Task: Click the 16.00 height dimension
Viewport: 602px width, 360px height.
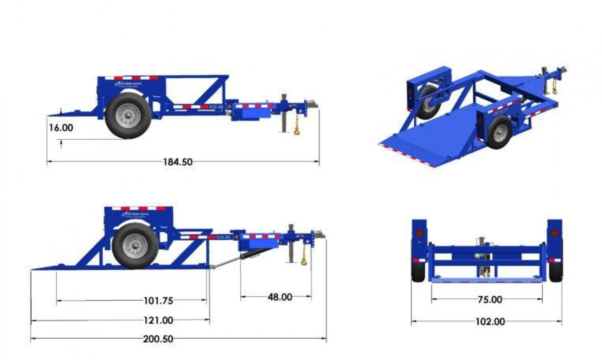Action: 61,128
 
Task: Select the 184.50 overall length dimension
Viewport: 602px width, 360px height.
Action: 177,162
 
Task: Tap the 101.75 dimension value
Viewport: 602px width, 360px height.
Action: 158,301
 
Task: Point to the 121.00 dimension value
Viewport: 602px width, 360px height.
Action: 158,320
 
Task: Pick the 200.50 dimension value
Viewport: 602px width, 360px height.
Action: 158,339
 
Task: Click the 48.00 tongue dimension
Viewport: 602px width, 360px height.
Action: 279,297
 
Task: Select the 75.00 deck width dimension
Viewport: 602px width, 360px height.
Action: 490,300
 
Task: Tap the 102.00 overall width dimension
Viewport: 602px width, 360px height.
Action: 490,322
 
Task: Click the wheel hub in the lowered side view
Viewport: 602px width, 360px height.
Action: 135,246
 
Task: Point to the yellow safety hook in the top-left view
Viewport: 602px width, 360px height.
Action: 296,129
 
